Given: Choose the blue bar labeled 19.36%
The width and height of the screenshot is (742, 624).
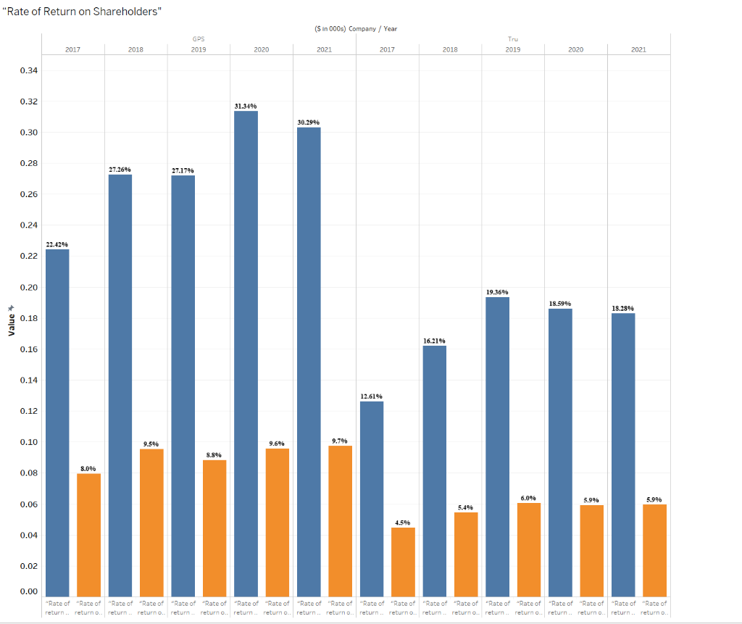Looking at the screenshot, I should pos(497,446).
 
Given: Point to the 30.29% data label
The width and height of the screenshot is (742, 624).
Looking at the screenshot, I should pos(308,122).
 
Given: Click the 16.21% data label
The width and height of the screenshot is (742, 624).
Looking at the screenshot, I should pos(434,341).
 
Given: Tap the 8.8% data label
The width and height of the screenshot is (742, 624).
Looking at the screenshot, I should pos(214,455).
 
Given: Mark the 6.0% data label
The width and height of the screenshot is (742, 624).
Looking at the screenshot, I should pos(528,498).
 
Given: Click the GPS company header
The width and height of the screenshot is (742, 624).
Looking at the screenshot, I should pos(198,38).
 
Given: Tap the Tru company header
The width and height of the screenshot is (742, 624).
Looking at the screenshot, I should pos(513,38).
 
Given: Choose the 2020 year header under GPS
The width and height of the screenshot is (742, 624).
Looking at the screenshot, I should pos(262,49).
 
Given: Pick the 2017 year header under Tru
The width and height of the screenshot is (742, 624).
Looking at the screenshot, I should pos(387,49).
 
